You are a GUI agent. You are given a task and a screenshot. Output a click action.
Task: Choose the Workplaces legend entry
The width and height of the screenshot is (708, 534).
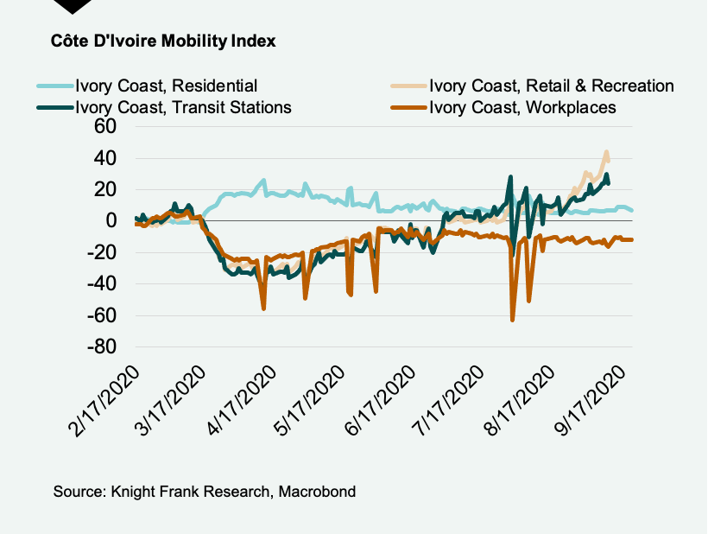coord(522,107)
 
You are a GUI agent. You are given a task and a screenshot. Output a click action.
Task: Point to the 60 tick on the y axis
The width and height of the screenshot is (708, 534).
coord(105,127)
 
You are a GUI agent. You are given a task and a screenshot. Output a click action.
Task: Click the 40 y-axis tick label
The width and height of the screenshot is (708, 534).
coord(105,158)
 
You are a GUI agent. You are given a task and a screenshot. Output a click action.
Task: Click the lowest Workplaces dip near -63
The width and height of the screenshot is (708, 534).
coord(513,320)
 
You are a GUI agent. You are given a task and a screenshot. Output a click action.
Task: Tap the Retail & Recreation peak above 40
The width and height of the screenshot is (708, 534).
coord(607,152)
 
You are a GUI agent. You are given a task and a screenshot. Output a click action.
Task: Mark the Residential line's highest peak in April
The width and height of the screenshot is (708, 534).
coord(263,181)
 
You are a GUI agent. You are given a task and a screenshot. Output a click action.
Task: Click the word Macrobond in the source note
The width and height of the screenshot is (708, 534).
coord(318,492)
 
